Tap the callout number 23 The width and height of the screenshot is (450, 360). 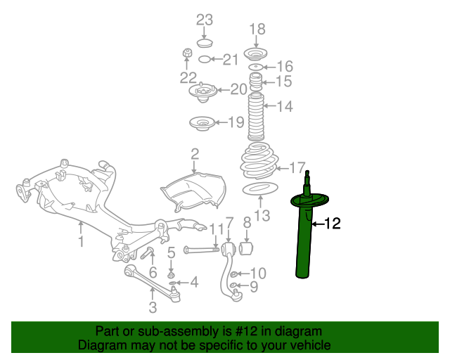(204, 19)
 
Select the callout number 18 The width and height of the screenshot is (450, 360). (258, 29)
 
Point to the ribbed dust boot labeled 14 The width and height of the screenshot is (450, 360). (257, 117)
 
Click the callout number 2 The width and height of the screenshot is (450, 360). (195, 153)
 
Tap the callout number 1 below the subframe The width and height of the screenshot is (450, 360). (81, 242)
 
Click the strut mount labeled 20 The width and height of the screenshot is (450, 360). (202, 92)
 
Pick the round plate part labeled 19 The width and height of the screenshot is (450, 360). (202, 124)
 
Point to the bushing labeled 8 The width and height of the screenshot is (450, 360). (247, 249)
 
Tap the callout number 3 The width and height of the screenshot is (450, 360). (152, 307)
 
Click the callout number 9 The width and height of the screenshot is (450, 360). (254, 287)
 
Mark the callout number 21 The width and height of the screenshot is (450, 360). (231, 60)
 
